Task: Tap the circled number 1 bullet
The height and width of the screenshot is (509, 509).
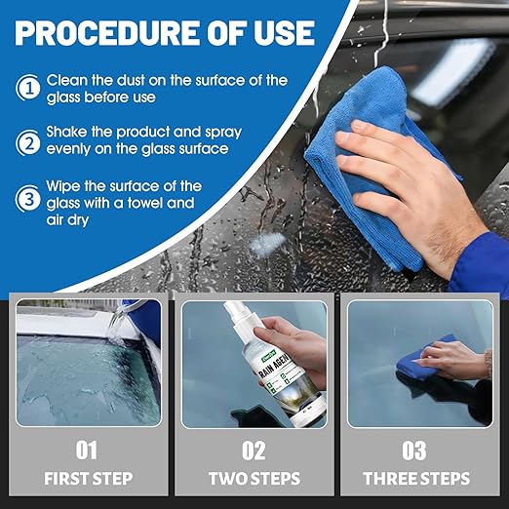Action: click(26, 89)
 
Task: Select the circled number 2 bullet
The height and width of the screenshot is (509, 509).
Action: click(26, 143)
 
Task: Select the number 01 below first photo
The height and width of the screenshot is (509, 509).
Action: click(87, 450)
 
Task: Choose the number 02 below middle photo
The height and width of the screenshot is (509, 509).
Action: click(254, 450)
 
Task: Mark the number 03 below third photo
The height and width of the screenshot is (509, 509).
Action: click(413, 450)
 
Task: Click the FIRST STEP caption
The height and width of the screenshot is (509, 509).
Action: click(87, 479)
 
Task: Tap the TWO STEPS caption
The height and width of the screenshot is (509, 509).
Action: click(254, 479)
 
